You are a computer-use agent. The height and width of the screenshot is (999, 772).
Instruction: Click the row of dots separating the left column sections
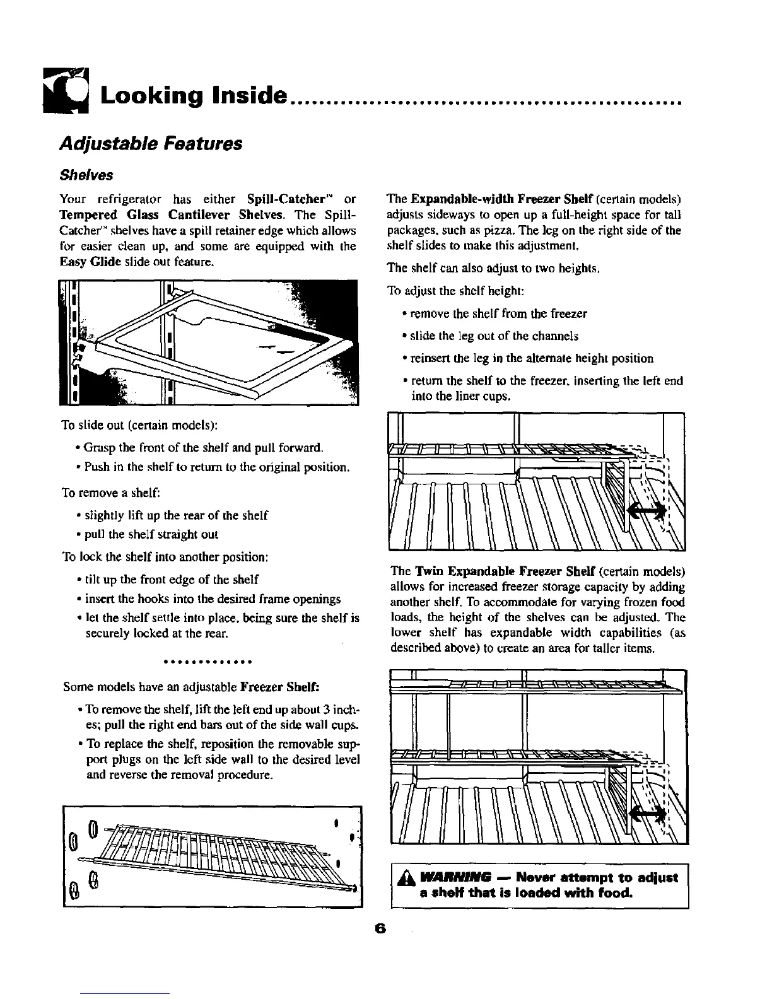pos(208,663)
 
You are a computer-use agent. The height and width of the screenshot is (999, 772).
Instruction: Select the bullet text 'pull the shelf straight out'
pos(151,535)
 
